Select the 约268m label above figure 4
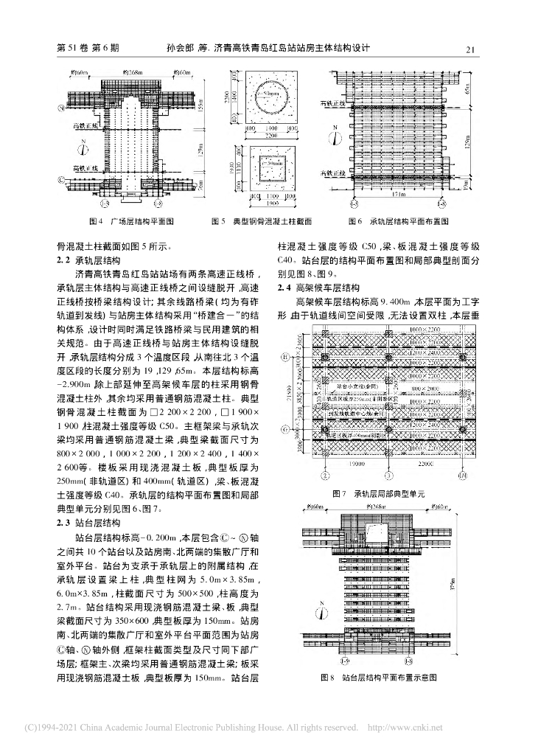pyautogui.click(x=133, y=72)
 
